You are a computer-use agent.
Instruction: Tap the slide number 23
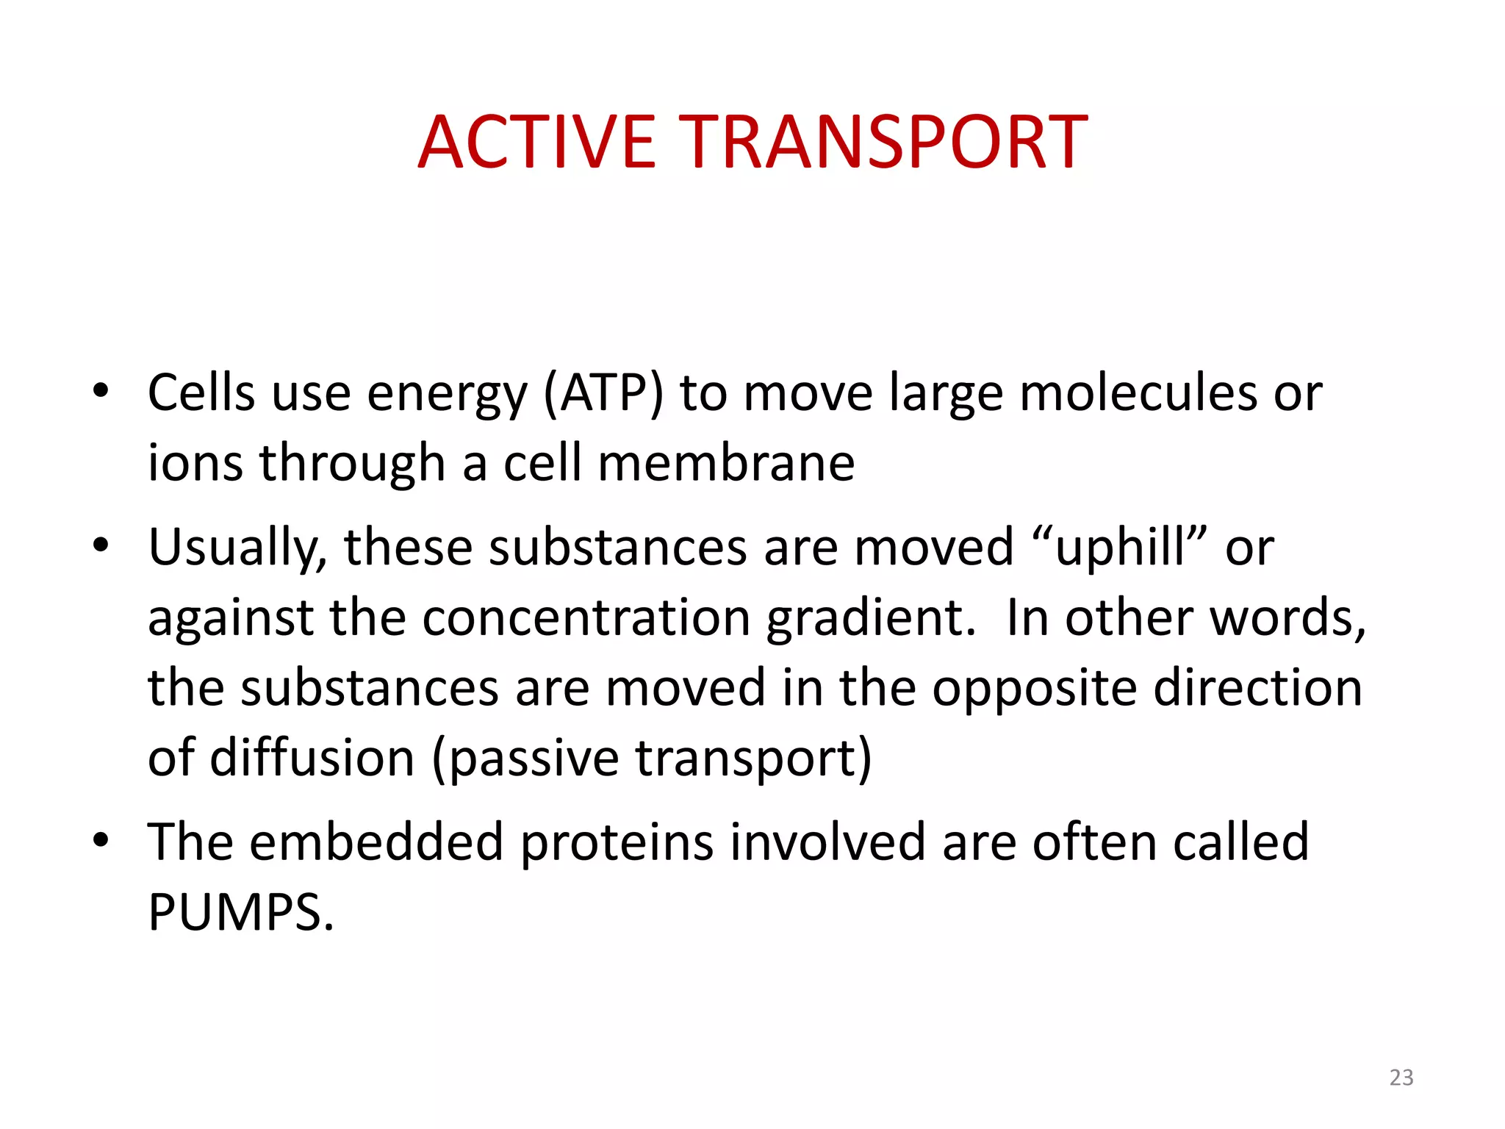[1401, 1078]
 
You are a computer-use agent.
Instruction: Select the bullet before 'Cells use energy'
[101, 390]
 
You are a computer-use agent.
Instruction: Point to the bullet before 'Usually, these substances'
[101, 545]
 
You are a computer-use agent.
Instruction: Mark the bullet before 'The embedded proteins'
[101, 839]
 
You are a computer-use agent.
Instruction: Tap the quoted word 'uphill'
[1120, 549]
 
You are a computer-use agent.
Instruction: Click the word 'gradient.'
[871, 619]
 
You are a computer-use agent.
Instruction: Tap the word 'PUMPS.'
[241, 913]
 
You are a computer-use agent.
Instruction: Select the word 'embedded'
[376, 842]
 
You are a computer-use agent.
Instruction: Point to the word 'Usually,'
[237, 549]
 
